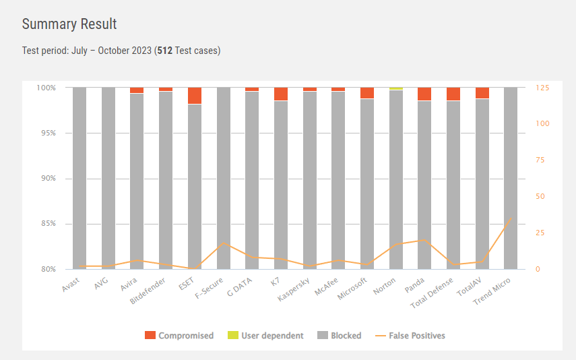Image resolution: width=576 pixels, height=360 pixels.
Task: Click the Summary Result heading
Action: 69,24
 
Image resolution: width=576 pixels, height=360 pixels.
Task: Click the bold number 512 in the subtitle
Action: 164,51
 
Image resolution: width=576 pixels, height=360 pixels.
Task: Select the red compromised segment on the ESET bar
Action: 195,96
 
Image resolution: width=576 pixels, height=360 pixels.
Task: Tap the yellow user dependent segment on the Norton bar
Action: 396,88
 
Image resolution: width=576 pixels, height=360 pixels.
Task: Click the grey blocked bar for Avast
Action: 79,178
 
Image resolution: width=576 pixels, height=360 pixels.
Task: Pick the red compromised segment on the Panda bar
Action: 424,94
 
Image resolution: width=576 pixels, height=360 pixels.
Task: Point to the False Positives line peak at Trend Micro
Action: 510,218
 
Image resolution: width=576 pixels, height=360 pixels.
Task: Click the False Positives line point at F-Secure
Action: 223,243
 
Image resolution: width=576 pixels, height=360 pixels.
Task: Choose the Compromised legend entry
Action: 179,335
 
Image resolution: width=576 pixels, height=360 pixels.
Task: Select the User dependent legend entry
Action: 265,335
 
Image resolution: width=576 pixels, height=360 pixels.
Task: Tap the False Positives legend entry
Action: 410,335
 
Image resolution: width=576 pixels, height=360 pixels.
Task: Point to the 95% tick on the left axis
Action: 46,133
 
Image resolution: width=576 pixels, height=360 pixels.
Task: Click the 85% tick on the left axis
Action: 46,224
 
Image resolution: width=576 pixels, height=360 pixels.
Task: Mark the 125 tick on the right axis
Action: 542,88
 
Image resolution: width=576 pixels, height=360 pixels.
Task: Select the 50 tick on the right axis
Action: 540,196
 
